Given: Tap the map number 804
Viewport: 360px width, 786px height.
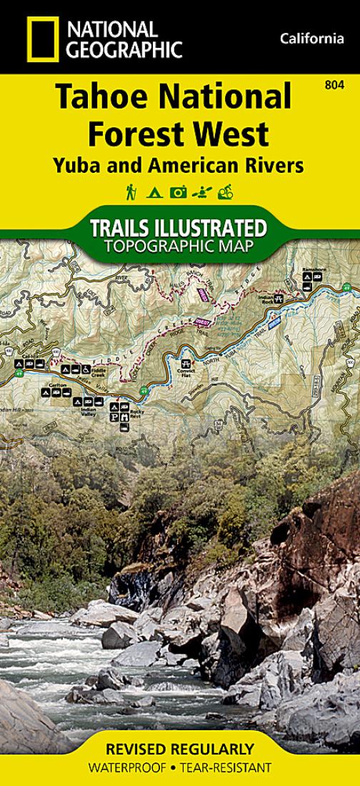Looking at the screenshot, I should [x=331, y=86].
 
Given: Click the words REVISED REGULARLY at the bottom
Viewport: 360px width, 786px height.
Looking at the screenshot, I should [x=179, y=750].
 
